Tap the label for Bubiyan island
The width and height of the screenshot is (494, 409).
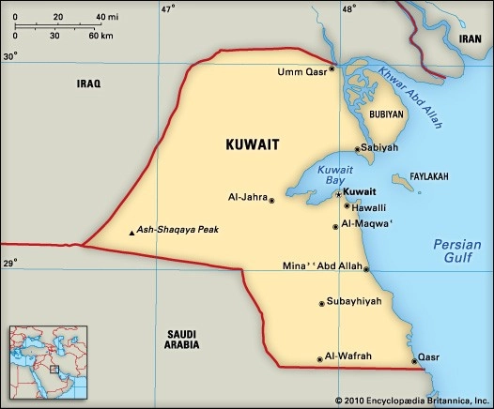click(x=386, y=114)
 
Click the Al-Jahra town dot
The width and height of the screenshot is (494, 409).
click(x=271, y=200)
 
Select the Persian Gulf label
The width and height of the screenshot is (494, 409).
click(x=456, y=250)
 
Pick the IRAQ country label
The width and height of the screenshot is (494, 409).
click(x=87, y=83)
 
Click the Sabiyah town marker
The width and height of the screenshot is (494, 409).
click(x=357, y=148)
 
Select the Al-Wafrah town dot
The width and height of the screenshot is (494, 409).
click(x=320, y=358)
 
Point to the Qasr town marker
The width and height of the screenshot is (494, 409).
click(x=414, y=360)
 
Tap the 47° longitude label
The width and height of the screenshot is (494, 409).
click(x=167, y=9)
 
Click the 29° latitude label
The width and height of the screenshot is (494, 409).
click(x=9, y=265)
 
